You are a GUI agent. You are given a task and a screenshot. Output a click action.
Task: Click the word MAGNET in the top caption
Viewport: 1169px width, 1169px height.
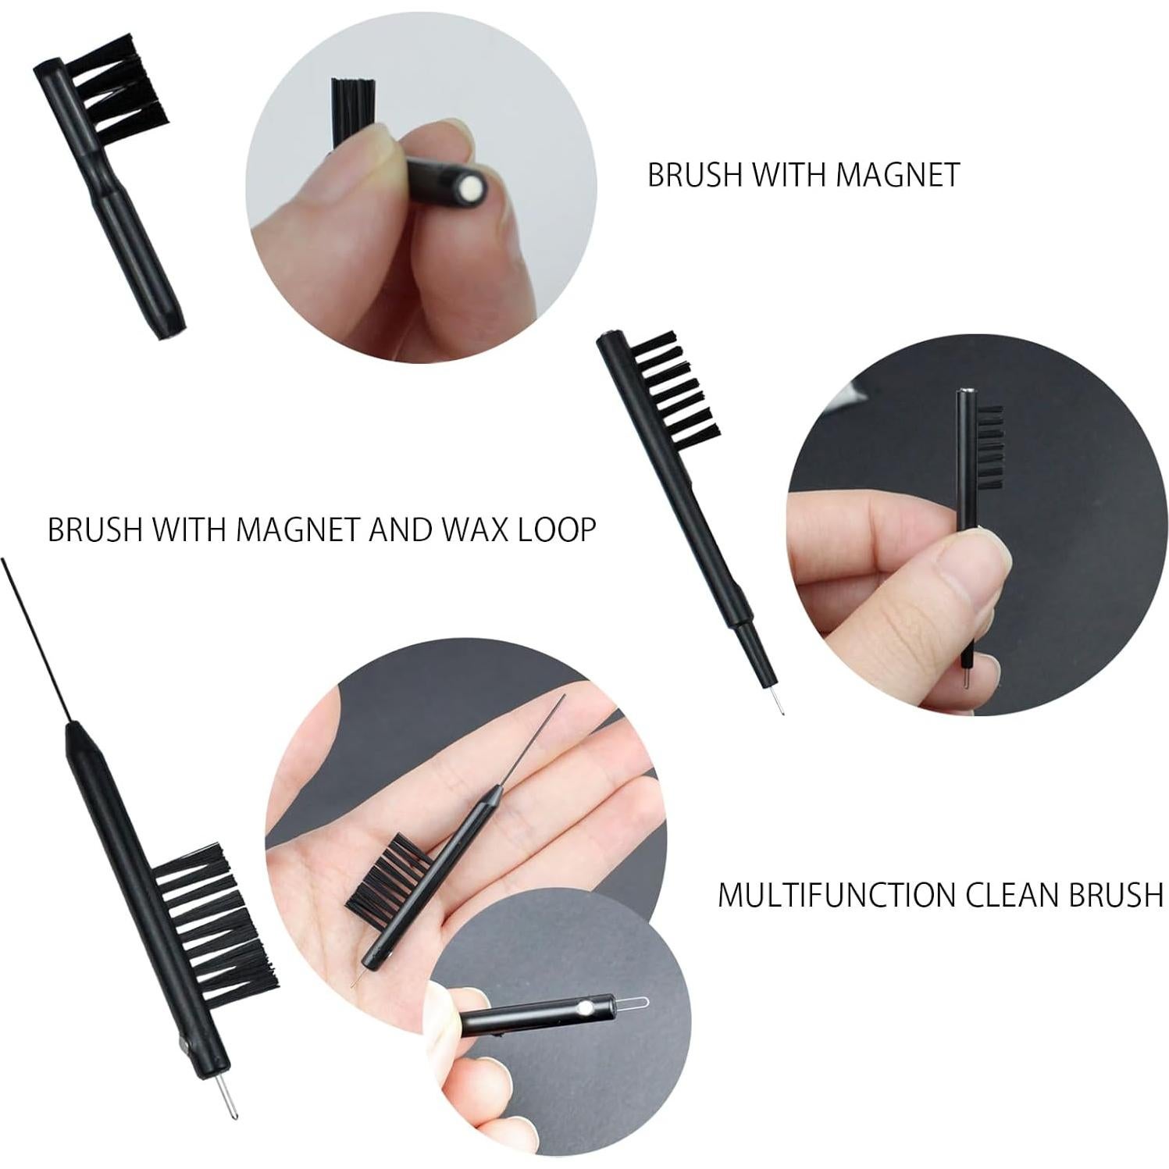pyautogui.click(x=896, y=175)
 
